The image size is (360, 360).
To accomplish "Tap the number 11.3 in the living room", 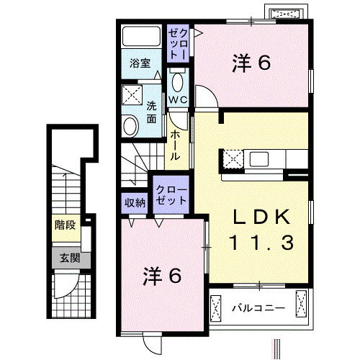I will (x=261, y=243).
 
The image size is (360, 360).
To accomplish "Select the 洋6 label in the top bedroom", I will (x=251, y=63).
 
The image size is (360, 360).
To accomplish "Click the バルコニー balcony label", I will (x=258, y=309).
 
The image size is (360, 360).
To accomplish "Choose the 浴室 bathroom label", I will (x=140, y=63).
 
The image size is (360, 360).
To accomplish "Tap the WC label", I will (x=178, y=99).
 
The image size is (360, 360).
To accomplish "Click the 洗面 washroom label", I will (x=152, y=113).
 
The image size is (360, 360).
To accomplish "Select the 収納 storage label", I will (x=135, y=202).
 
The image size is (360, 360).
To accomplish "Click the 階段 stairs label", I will (x=64, y=225).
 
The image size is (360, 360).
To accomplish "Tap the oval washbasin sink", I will (x=130, y=127).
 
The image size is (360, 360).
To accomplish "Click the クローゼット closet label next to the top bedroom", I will (x=179, y=44).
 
